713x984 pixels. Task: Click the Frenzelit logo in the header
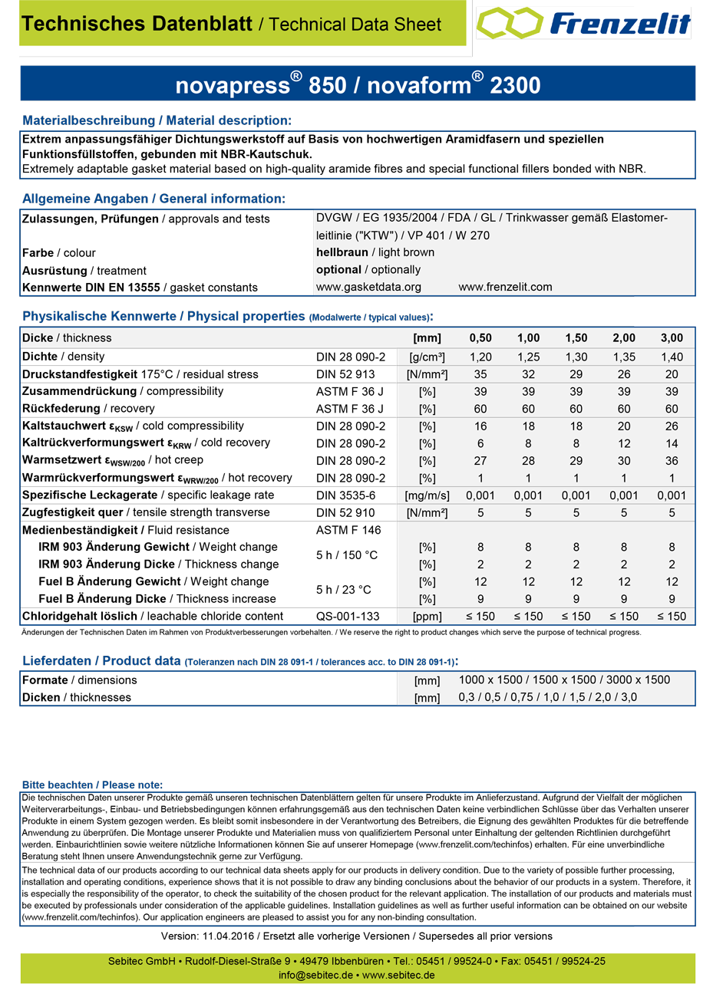584,25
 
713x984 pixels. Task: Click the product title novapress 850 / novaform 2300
358,84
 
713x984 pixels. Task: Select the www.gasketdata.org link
368,287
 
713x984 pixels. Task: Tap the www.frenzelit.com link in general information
505,287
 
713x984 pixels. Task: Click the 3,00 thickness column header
672,338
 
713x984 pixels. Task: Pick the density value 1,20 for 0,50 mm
480,357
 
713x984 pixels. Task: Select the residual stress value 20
672,374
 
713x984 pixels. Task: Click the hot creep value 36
672,460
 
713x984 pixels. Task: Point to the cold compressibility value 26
672,426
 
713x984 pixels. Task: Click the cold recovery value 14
672,443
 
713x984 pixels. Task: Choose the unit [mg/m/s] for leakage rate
426,495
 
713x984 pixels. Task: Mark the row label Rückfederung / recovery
88,408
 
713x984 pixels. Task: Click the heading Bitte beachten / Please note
92,785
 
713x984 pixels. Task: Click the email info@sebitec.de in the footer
315,975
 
